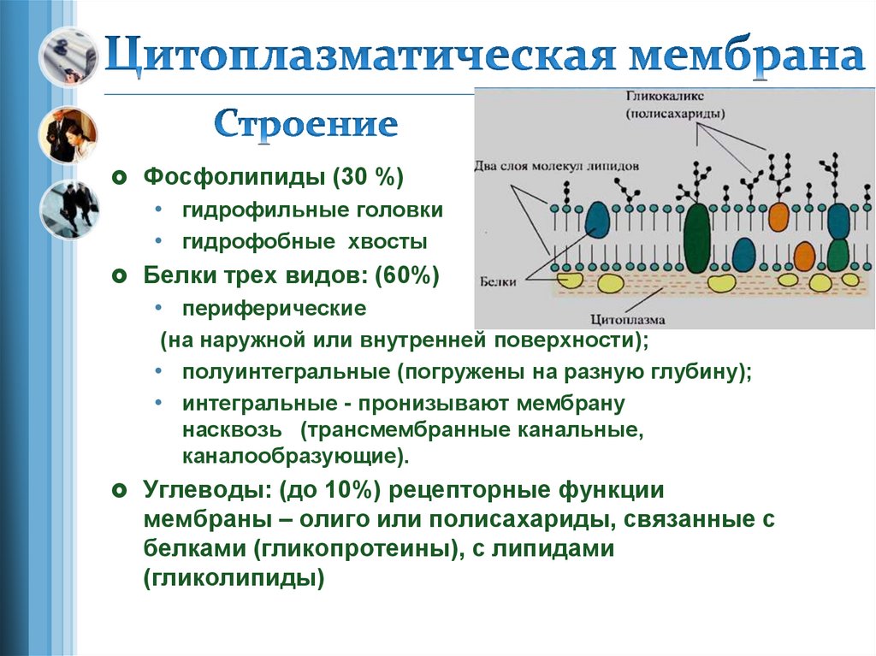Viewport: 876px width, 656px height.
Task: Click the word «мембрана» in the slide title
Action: click(743, 56)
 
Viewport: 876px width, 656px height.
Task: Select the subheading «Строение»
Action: click(305, 125)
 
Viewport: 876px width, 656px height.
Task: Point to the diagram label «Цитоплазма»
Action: click(628, 320)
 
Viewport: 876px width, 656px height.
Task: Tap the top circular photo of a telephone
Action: click(68, 55)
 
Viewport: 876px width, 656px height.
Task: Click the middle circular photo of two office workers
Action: click(68, 134)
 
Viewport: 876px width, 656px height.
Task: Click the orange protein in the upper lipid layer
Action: click(778, 216)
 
